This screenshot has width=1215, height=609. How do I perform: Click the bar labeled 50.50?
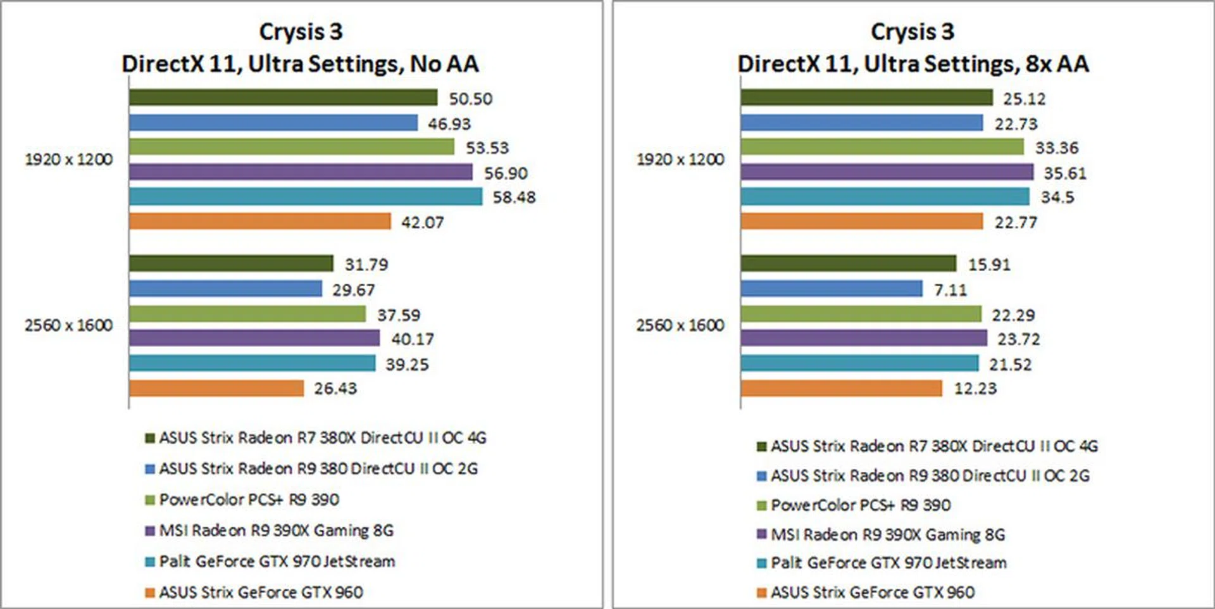click(283, 97)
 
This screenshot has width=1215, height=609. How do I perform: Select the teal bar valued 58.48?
click(306, 197)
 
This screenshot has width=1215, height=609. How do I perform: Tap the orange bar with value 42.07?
click(259, 222)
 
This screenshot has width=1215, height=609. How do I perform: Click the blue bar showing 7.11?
click(831, 289)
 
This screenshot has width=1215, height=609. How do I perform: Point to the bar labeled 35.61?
click(887, 172)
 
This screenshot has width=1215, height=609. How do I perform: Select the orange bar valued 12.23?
click(841, 388)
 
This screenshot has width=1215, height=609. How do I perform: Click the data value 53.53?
click(487, 148)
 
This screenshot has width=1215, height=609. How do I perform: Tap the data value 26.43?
click(335, 389)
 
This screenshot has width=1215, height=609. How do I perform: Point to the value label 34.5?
click(1057, 198)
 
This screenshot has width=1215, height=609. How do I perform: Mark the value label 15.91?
click(989, 265)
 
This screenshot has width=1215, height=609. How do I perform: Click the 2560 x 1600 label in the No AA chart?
click(68, 325)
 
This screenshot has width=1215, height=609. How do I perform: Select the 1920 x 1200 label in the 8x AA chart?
click(680, 160)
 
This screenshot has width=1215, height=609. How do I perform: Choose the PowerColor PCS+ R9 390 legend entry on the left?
click(249, 500)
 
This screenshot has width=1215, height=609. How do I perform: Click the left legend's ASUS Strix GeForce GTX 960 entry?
click(261, 593)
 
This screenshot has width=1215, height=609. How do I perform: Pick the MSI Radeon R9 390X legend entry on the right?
click(887, 536)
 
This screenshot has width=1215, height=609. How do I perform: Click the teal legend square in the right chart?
click(762, 563)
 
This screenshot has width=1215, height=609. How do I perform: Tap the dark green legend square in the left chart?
click(150, 438)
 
